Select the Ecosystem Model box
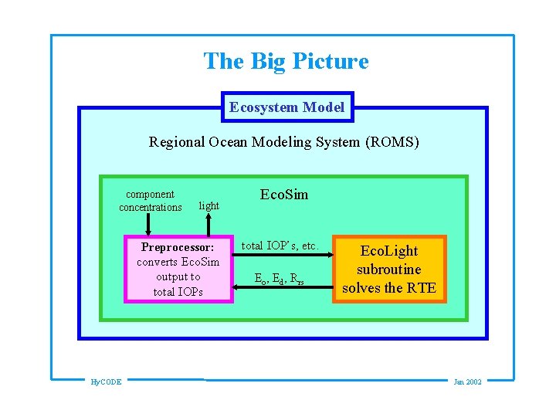click(286, 107)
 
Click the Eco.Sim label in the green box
click(283, 195)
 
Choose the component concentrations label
click(150, 201)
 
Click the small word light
click(208, 206)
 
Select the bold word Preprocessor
click(178, 248)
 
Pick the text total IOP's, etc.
click(280, 246)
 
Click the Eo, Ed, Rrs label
click(280, 280)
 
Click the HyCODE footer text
click(105, 381)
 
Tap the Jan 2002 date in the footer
click(467, 381)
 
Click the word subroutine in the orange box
click(389, 270)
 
